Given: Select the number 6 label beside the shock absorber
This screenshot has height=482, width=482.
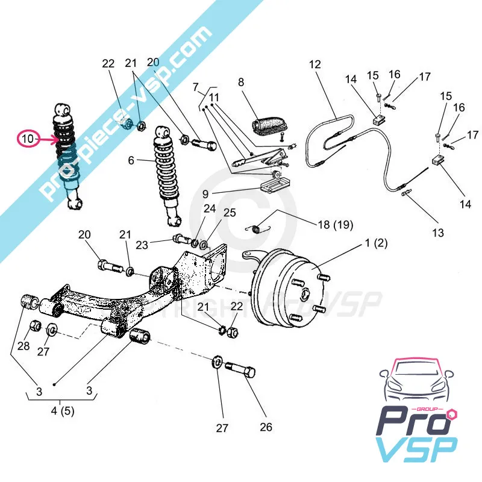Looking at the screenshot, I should tap(131, 160).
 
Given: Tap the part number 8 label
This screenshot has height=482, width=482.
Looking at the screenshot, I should tap(241, 82).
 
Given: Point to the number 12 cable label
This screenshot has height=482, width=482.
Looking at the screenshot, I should tap(316, 64).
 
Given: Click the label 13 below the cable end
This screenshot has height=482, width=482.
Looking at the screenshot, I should tap(438, 233).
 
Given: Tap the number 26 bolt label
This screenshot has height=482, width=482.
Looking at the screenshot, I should tap(266, 427).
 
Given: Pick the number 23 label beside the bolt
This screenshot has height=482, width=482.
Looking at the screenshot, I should tap(141, 245).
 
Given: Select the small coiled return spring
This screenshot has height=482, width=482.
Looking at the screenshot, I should tap(260, 228).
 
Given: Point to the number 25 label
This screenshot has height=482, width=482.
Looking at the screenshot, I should tap(230, 213).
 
